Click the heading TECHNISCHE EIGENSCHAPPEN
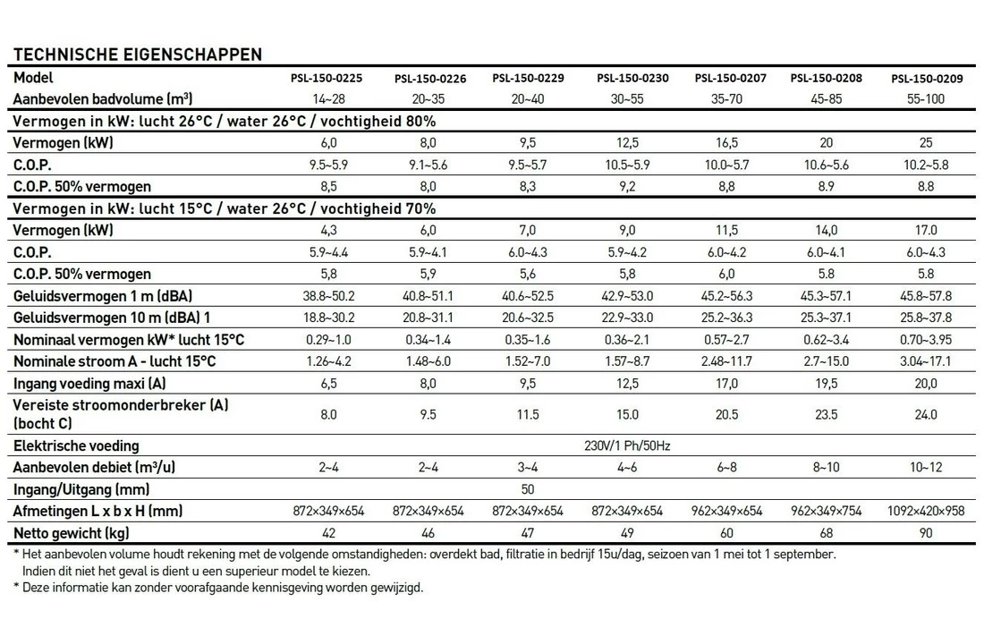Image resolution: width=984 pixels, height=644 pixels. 138,55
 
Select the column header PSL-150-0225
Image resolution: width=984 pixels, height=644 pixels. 327,79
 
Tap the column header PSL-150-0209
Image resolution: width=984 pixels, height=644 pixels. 926,79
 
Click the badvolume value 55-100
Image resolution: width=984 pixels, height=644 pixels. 926,99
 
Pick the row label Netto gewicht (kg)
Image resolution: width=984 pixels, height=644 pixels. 71,533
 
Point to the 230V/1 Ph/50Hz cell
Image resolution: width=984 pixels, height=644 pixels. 627,446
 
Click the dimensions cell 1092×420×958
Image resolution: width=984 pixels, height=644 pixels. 926,512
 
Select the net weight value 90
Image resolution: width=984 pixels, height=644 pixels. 926,533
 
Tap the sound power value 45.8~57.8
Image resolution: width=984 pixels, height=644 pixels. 926,296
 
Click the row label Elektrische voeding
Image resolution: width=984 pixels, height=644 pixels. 77,446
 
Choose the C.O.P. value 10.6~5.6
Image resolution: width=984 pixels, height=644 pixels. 826,165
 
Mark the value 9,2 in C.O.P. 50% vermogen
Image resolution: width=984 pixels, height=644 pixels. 627,187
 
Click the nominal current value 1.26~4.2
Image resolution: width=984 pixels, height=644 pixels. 327,361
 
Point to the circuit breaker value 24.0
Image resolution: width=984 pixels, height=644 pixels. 926,415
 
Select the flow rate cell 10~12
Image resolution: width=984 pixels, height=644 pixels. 926,468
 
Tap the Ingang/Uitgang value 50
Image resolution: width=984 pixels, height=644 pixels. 528,490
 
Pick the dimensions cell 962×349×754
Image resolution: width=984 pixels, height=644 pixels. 826,512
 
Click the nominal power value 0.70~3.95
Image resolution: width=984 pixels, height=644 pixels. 926,340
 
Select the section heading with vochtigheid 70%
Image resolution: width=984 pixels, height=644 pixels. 225,209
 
